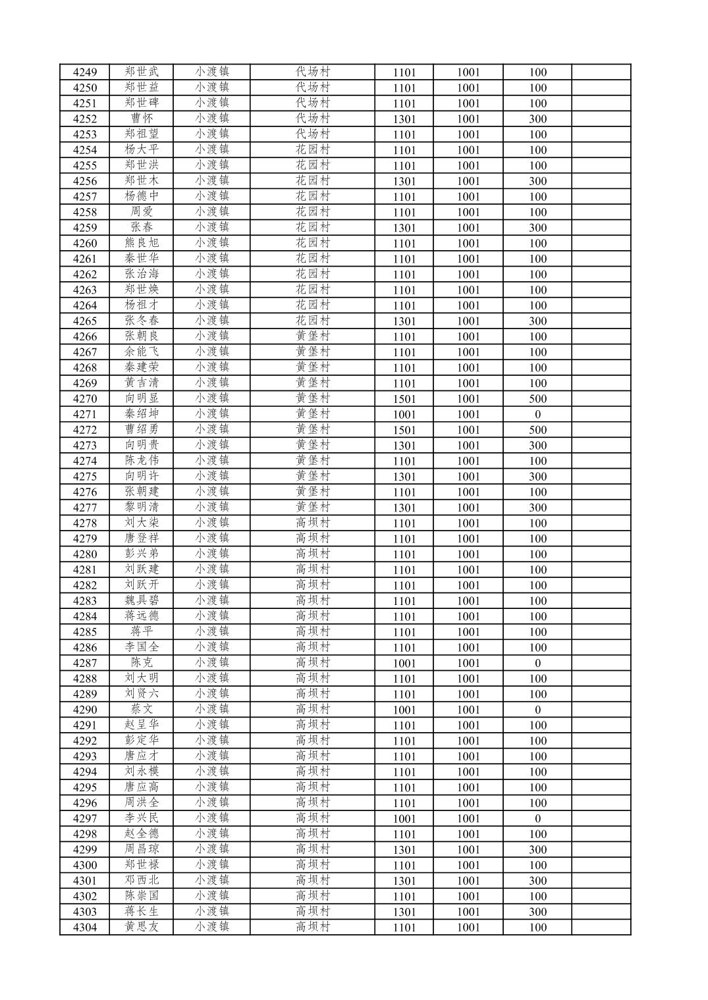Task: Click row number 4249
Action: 84,72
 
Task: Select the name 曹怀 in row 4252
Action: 142,118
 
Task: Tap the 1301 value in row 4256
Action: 404,181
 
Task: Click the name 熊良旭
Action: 142,243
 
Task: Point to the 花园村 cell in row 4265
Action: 312,321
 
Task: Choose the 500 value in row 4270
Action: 537,399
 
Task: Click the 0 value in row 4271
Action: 537,414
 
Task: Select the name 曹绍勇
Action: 142,430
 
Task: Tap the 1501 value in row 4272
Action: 404,430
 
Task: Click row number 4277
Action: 84,508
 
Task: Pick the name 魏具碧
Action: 142,600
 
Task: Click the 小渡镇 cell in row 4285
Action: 211,632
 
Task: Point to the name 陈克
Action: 142,663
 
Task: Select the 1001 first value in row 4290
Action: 404,710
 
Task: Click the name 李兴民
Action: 142,818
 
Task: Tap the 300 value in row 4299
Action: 537,850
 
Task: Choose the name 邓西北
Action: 142,881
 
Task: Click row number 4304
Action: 84,928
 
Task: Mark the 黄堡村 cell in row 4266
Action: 312,336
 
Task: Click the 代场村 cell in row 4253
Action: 312,134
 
